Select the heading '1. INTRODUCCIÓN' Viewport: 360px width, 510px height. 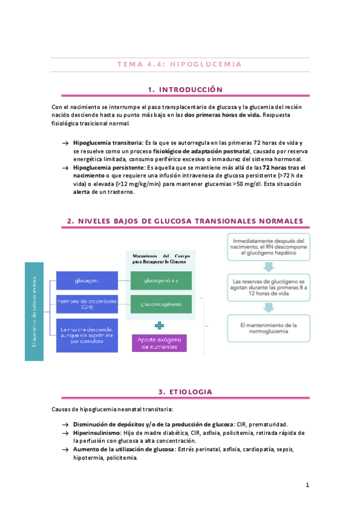pyautogui.click(x=185, y=90)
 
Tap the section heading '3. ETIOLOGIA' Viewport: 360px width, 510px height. pyautogui.click(x=185, y=392)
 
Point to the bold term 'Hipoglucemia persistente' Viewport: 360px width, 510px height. pyautogui.click(x=108, y=167)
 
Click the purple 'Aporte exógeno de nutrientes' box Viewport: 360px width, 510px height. pyautogui.click(x=159, y=343)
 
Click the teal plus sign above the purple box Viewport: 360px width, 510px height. pyautogui.click(x=159, y=325)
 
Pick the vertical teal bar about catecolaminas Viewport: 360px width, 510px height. pyautogui.click(x=34, y=310)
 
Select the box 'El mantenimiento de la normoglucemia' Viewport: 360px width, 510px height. pyautogui.click(x=269, y=329)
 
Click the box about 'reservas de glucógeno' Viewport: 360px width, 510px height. pyautogui.click(x=269, y=287)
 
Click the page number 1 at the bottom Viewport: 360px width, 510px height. pyautogui.click(x=307, y=485)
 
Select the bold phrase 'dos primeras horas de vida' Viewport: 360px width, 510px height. pyautogui.click(x=222, y=115)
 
